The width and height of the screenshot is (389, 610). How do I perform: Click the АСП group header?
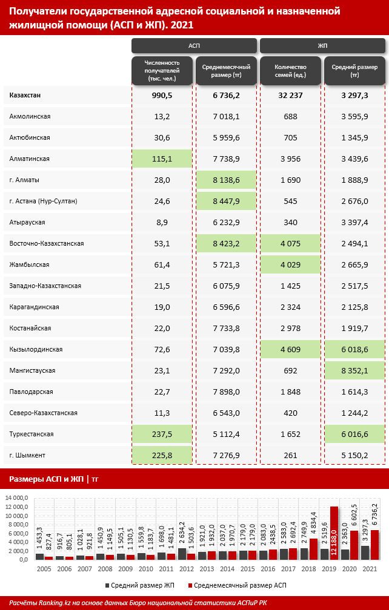point(194,46)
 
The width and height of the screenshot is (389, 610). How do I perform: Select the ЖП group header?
point(322,46)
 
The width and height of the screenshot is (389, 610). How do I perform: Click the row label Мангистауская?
point(33,370)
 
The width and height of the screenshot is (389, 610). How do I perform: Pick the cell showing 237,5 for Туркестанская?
point(162,434)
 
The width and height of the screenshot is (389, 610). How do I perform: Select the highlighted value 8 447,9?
point(227,201)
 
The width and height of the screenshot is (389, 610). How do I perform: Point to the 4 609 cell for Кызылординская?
point(290,349)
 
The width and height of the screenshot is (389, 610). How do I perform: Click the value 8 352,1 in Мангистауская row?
point(354,370)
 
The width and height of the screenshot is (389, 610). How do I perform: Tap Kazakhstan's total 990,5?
point(162,95)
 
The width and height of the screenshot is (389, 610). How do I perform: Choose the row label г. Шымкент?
point(28,455)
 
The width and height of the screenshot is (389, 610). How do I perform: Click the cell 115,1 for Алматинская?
point(162,159)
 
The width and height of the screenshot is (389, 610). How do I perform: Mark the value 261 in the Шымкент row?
point(290,455)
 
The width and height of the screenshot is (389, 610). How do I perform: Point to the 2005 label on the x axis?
point(44,569)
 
